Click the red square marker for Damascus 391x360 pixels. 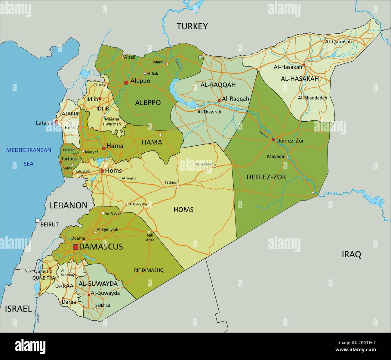coord(75,247)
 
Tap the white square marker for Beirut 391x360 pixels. coord(37,221)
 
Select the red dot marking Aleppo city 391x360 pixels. coord(126,82)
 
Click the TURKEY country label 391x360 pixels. coord(192,26)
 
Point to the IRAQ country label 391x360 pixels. coord(351,254)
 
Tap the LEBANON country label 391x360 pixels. coord(68,206)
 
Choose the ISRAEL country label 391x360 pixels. coord(18,309)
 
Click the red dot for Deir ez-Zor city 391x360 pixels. coord(273,139)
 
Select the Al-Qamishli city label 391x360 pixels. coord(338,42)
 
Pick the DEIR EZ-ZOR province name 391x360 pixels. coord(266,177)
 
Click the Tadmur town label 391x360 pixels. coord(171,182)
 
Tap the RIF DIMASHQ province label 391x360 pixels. coord(149,270)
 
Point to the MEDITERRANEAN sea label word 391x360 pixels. coord(29,150)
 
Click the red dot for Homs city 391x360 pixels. coord(102,171)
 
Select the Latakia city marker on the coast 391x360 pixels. coord(56,122)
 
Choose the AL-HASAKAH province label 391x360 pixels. coord(300,79)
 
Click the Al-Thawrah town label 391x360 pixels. coord(209,112)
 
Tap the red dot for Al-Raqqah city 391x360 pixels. coord(219,101)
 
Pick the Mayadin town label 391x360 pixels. coord(276,157)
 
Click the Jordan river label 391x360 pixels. coord(38,318)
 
